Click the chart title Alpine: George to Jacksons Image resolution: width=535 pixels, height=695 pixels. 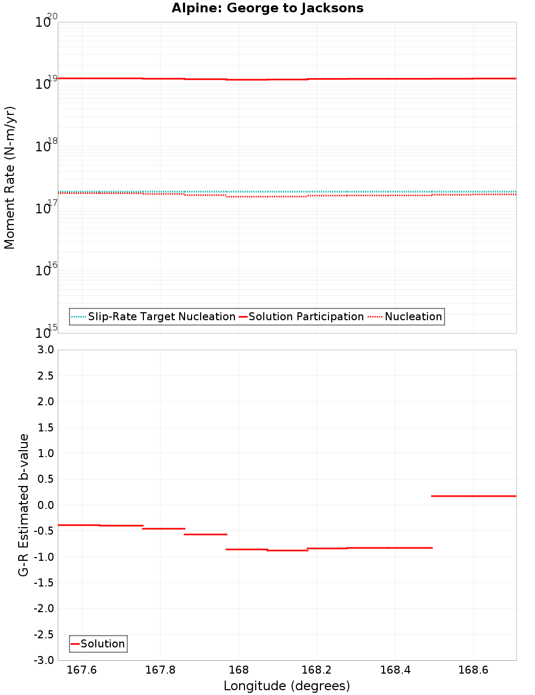click(x=267, y=9)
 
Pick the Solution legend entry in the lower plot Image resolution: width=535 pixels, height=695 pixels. click(x=102, y=644)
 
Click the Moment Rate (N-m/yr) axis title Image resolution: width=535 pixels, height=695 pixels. click(x=10, y=177)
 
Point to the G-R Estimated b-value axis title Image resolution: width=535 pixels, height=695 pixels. click(x=24, y=505)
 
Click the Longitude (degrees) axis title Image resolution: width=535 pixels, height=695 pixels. click(x=287, y=686)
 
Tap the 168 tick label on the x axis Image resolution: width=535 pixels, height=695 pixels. click(x=239, y=670)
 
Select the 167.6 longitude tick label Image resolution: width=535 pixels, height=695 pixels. click(x=82, y=670)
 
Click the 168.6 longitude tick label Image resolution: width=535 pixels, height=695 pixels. click(x=473, y=670)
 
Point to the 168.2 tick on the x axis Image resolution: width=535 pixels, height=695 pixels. click(x=317, y=670)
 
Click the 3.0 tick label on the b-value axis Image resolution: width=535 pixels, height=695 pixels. click(x=44, y=350)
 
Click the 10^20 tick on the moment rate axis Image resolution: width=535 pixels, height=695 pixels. click(x=45, y=21)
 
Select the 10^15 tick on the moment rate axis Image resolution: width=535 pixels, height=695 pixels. click(x=45, y=331)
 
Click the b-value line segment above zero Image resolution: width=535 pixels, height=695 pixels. click(x=473, y=496)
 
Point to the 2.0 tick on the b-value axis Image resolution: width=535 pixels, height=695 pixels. click(x=44, y=401)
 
